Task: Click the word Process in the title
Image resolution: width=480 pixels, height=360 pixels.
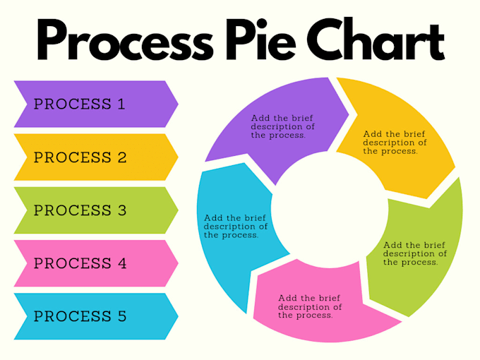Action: (125, 40)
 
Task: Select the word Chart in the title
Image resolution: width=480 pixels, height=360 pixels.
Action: (376, 39)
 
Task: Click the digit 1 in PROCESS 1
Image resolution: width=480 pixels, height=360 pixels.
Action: (121, 104)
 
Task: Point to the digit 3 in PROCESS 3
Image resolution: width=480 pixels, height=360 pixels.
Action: (122, 210)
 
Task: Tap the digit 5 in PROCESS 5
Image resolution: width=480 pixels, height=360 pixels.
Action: (122, 316)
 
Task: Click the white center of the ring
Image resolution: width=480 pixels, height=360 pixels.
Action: (330, 210)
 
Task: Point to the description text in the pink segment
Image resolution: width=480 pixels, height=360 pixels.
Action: (310, 306)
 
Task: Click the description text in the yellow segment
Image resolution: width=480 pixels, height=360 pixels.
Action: (395, 143)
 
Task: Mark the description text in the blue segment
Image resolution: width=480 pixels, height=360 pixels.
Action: (236, 227)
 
